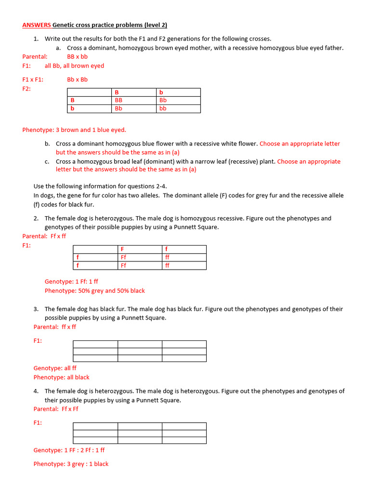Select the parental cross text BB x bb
tap(77, 57)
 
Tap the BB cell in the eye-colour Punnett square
tap(119, 100)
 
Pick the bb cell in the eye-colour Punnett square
tap(163, 108)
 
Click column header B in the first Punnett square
tap(117, 92)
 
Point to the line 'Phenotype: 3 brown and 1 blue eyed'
tap(74, 130)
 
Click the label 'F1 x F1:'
tap(33, 80)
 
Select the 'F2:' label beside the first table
tap(26, 89)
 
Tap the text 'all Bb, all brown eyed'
tap(74, 66)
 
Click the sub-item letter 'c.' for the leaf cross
tap(47, 162)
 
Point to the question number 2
tap(36, 219)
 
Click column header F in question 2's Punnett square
tap(123, 249)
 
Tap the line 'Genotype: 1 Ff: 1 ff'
tap(71, 282)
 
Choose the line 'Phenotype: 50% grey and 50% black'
tap(94, 291)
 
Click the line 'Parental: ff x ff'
tap(55, 327)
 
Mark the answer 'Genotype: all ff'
tap(55, 368)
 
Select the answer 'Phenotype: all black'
tap(61, 377)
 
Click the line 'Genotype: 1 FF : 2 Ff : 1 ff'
tap(69, 450)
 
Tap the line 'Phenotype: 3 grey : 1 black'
tap(71, 464)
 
